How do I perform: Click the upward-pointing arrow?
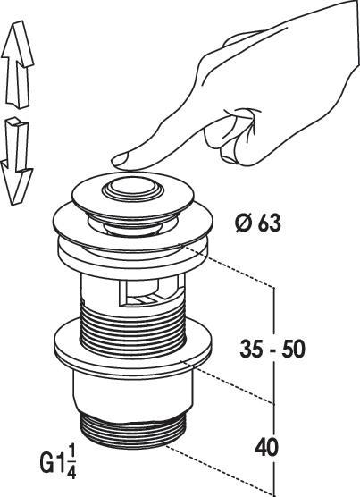(x=17, y=66)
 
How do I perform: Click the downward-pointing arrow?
(x=16, y=162)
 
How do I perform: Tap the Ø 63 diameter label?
(x=258, y=223)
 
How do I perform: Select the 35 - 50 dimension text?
(x=272, y=349)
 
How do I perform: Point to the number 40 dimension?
(x=266, y=447)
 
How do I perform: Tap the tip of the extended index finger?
(x=114, y=162)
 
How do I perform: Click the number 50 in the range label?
(x=295, y=349)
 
